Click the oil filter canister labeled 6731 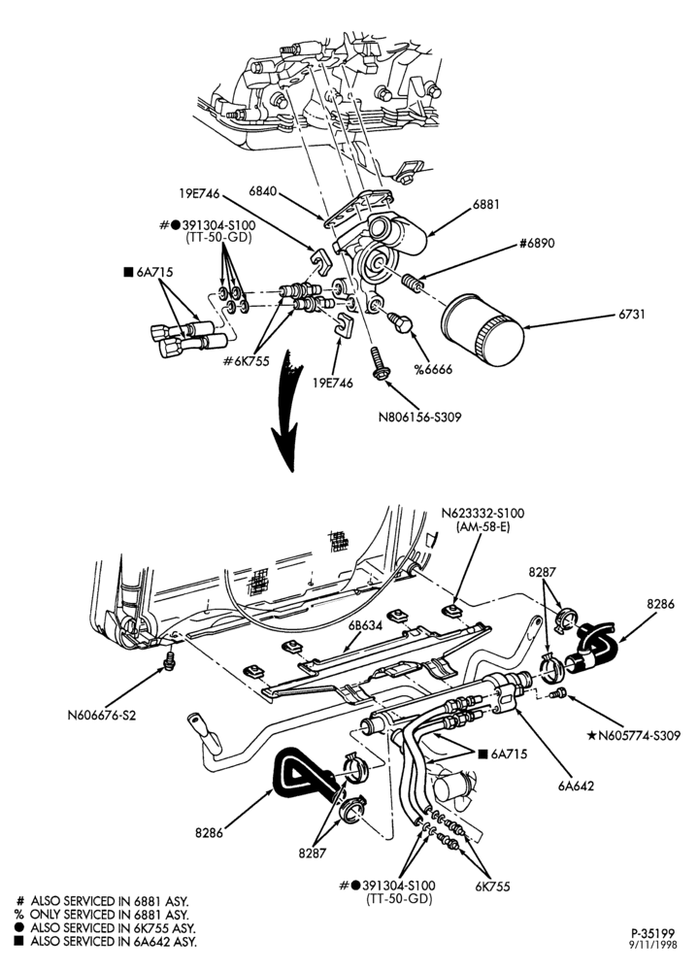click(x=483, y=330)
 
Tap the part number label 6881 click(x=485, y=204)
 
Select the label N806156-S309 click(x=419, y=418)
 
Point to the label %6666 click(x=433, y=370)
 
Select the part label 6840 click(x=262, y=191)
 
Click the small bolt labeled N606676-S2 click(x=168, y=661)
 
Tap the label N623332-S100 click(x=483, y=514)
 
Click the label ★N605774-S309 click(x=633, y=736)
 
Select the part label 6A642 click(x=575, y=786)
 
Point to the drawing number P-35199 click(x=653, y=933)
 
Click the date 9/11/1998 click(x=653, y=945)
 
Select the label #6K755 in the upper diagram click(x=246, y=361)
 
